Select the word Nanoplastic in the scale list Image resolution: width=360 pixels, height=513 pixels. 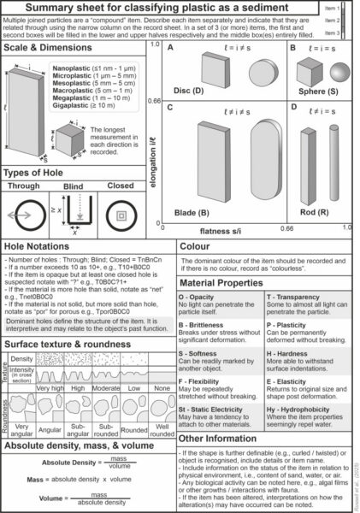[72, 65]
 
